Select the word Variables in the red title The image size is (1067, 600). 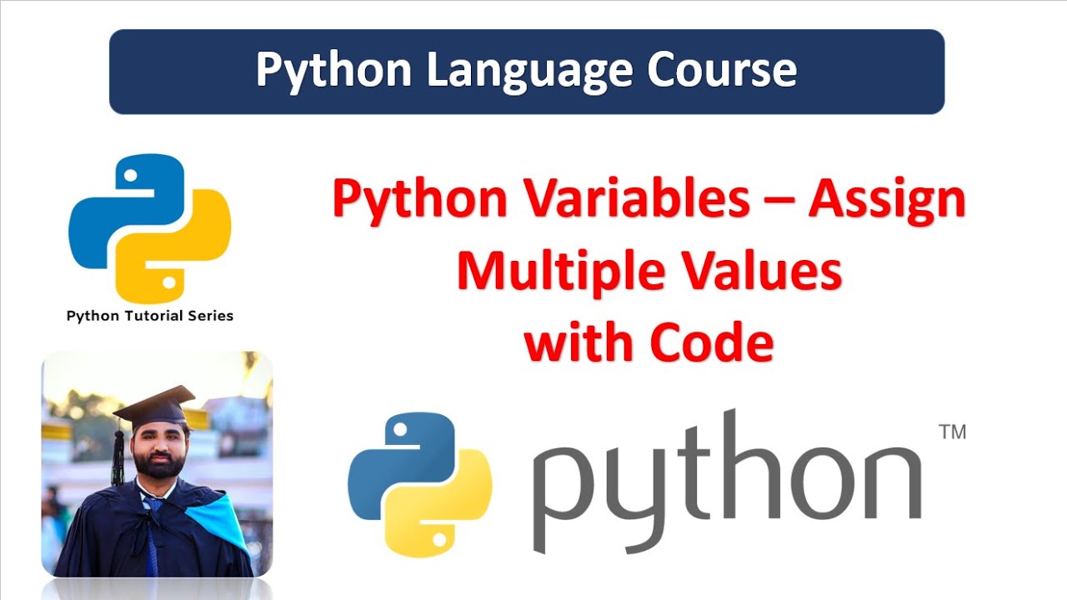coord(615,201)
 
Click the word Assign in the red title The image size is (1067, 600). coord(887,201)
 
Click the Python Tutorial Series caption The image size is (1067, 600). coord(150,316)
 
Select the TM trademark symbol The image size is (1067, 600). coord(952,432)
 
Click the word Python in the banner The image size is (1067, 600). coord(333,71)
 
